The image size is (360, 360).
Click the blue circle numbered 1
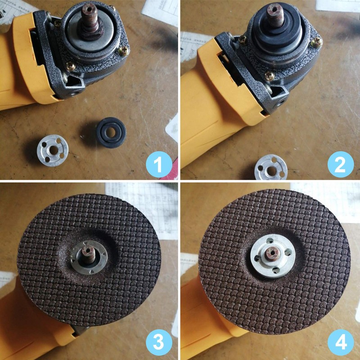pyautogui.click(x=159, y=164)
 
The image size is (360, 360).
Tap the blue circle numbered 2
pyautogui.click(x=341, y=164)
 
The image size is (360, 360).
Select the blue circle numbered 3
pyautogui.click(x=159, y=342)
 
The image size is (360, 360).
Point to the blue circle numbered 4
pyautogui.click(x=341, y=342)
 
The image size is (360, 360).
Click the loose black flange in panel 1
pyautogui.click(x=111, y=132)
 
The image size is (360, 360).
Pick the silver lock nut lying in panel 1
pyautogui.click(x=53, y=150)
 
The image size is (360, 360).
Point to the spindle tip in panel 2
pyautogui.click(x=274, y=9)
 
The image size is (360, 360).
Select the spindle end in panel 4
pyautogui.click(x=272, y=253)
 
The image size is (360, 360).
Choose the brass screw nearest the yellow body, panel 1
pyautogui.click(x=71, y=67)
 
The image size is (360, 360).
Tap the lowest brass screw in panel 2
pyautogui.click(x=269, y=76)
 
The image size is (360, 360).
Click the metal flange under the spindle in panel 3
pyautogui.click(x=89, y=257)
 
